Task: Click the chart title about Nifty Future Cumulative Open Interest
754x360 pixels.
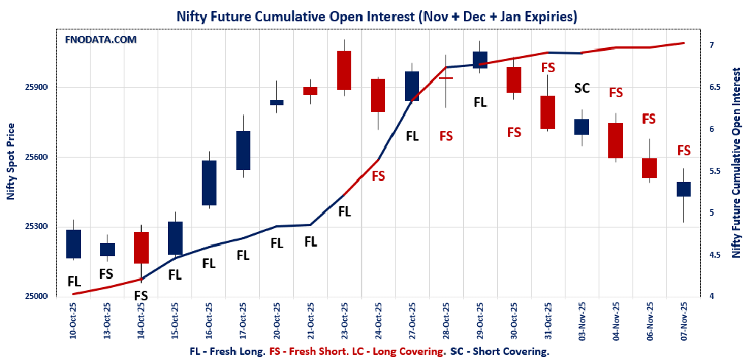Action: coord(376,15)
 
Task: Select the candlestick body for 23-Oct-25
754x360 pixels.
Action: coord(344,70)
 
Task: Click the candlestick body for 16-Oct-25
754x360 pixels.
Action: coord(208,183)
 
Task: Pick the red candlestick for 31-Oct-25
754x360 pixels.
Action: coord(548,112)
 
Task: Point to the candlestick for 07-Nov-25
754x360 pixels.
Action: coord(683,189)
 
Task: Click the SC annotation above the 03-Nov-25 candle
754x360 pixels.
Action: coord(582,88)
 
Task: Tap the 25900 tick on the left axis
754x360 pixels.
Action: coord(37,88)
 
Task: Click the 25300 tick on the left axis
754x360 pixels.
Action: coord(37,227)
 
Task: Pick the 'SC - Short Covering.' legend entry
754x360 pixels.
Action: coord(499,351)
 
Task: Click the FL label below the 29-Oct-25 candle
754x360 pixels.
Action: coord(480,102)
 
